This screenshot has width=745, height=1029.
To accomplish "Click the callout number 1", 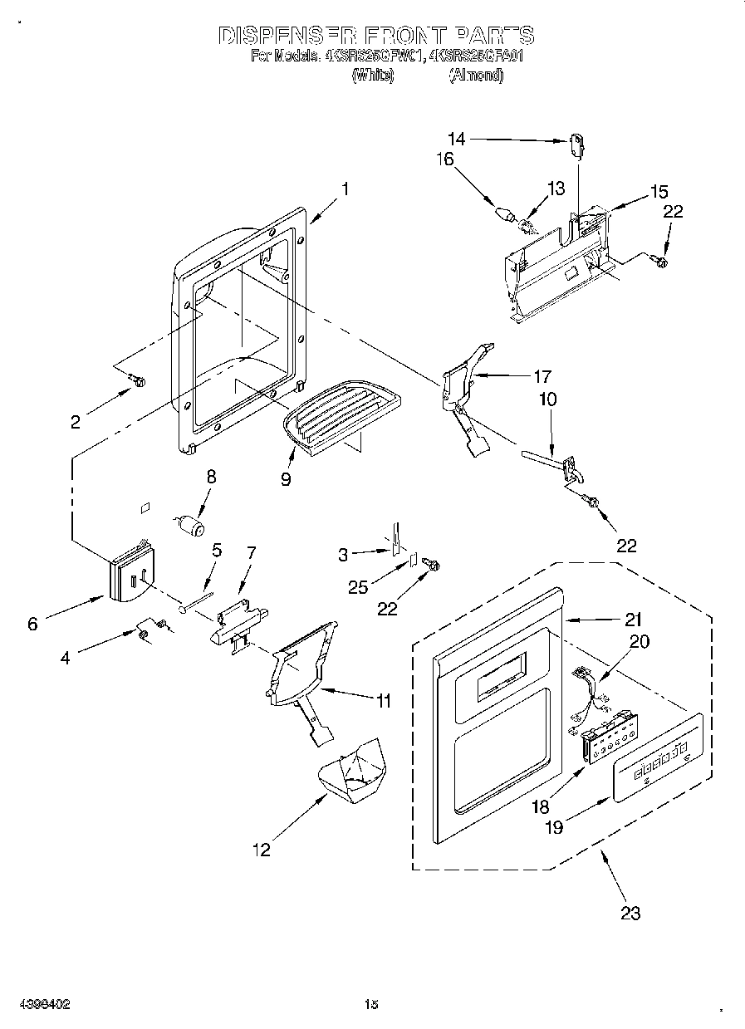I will (x=344, y=189).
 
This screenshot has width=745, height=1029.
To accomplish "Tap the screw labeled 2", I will (x=138, y=381).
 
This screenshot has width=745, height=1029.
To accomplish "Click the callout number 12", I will (x=262, y=849).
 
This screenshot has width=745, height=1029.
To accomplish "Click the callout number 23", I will (x=630, y=913).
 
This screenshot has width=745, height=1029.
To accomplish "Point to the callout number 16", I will (x=445, y=159).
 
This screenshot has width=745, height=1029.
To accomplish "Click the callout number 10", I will (x=547, y=399).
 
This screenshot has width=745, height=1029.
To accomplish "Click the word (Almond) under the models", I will (x=476, y=76).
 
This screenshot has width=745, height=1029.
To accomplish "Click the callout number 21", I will (x=634, y=618).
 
